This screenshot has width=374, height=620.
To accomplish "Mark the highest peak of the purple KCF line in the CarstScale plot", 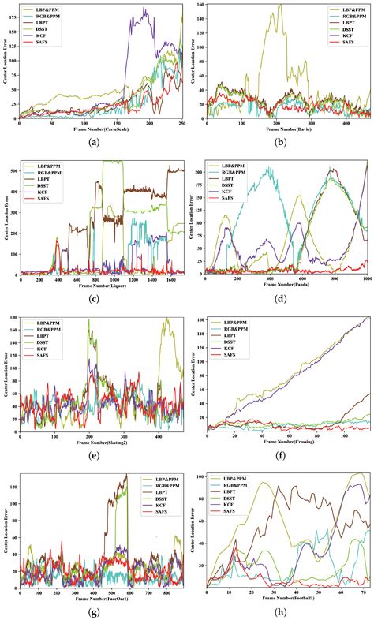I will [x=144, y=9].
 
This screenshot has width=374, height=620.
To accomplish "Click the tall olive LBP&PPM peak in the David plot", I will [x=279, y=5].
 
